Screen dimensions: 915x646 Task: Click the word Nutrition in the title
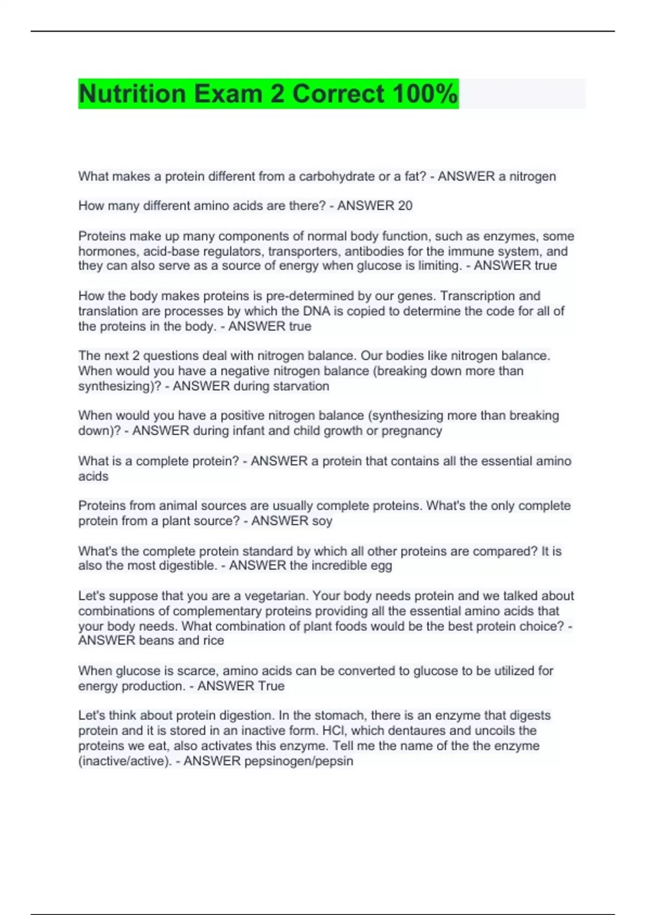[132, 94]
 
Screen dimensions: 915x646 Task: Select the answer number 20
[405, 206]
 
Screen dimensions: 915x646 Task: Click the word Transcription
[469, 296]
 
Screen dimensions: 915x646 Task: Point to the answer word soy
[322, 521]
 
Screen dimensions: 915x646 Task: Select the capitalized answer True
[271, 686]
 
